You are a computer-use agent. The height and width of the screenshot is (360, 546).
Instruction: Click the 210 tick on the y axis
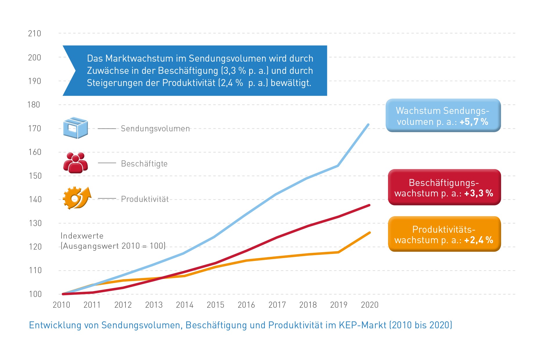tap(35, 34)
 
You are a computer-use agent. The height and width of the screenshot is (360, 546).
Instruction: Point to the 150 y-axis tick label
tap(35, 176)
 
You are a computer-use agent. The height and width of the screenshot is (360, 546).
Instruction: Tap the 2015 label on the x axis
tap(215, 305)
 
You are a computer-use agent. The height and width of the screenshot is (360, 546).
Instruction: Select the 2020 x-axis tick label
tap(369, 305)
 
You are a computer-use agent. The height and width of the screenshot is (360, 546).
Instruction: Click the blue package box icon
tap(76, 128)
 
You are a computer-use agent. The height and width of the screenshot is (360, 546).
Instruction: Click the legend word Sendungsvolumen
tap(155, 128)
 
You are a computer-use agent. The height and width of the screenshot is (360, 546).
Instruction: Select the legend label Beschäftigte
tap(144, 164)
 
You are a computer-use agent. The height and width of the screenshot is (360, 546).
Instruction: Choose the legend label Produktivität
tap(145, 199)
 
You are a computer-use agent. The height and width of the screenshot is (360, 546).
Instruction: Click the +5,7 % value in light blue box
tap(474, 122)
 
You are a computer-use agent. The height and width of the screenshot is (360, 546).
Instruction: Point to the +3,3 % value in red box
tap(479, 193)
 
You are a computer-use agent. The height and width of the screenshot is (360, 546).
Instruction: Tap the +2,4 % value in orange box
tap(479, 240)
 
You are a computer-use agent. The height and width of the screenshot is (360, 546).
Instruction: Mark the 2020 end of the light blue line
tap(368, 125)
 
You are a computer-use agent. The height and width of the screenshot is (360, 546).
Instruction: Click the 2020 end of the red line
tap(369, 205)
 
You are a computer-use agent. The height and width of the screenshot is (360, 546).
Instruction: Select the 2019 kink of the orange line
tap(338, 252)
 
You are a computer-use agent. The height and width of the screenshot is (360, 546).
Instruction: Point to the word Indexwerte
tap(82, 236)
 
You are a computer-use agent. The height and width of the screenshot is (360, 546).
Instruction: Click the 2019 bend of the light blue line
tap(338, 166)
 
